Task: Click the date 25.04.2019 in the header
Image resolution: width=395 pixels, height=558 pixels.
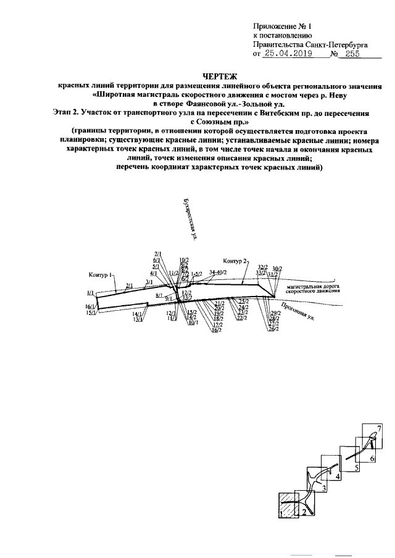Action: pyautogui.click(x=288, y=54)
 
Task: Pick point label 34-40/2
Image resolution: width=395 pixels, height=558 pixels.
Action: pyautogui.click(x=218, y=272)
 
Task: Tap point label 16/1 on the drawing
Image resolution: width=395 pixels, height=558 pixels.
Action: pyautogui.click(x=90, y=306)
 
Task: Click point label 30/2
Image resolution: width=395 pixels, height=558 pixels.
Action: pyautogui.click(x=276, y=268)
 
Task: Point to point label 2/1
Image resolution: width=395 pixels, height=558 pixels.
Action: pyautogui.click(x=129, y=285)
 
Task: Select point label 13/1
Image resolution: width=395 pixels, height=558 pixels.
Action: pyautogui.click(x=138, y=319)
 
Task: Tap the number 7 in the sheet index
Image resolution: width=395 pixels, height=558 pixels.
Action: pyautogui.click(x=380, y=428)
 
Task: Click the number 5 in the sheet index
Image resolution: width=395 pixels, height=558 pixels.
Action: pyautogui.click(x=357, y=469)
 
